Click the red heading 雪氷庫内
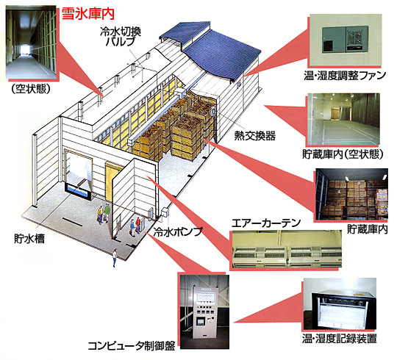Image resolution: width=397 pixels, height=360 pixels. [x=88, y=14]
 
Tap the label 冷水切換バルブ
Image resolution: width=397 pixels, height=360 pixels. [x=121, y=37]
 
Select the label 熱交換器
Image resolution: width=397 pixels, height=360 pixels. [x=254, y=136]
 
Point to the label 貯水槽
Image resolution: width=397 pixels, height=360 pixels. [x=29, y=238]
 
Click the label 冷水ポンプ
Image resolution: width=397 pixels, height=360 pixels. [x=178, y=231]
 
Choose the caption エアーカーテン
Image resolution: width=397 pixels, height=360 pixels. [x=266, y=223]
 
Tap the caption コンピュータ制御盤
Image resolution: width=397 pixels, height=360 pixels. [x=132, y=345]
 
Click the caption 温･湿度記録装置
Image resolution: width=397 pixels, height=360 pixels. [x=339, y=339]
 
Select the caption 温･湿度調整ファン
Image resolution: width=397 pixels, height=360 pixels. [x=345, y=76]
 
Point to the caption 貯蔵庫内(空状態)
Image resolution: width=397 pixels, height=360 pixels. [x=343, y=154]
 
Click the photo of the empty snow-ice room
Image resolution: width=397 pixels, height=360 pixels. [x=31, y=43]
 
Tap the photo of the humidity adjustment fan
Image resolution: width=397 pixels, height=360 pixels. [x=346, y=40]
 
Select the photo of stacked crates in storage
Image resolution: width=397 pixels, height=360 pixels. [x=352, y=194]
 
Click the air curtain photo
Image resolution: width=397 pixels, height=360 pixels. [x=287, y=249]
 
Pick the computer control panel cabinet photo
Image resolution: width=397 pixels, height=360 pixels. [x=204, y=312]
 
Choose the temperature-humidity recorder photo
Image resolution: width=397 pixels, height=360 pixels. [x=340, y=304]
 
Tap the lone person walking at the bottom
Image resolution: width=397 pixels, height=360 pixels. [x=115, y=258]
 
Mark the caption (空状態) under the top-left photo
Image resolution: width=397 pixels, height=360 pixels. [x=31, y=89]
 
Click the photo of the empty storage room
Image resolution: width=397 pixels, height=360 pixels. [x=344, y=119]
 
